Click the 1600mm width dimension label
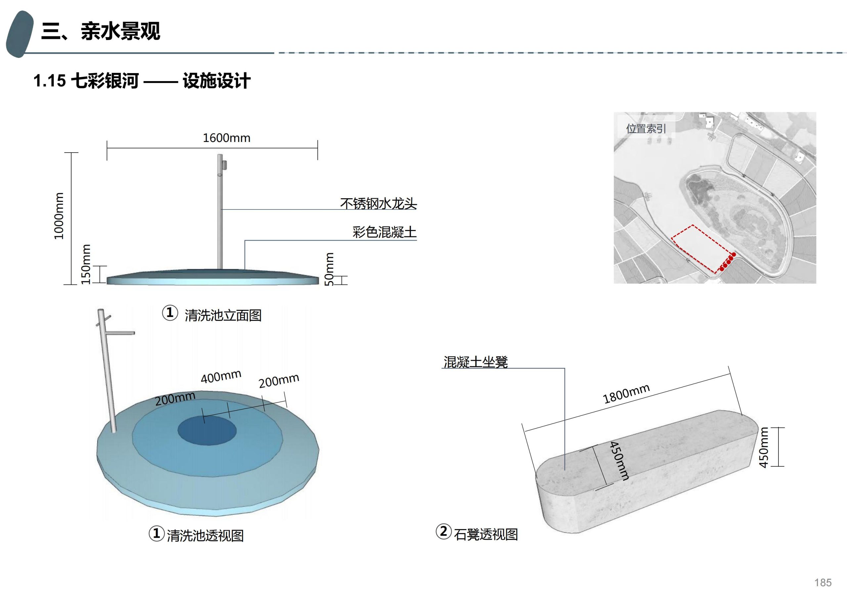[x=227, y=138]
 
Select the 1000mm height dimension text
[x=59, y=216]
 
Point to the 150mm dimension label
[x=86, y=264]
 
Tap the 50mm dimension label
[x=329, y=269]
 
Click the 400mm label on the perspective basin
[x=221, y=377]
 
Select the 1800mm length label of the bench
[x=626, y=393]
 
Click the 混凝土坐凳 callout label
[x=475, y=362]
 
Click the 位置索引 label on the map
[x=646, y=128]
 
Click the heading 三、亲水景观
[x=101, y=31]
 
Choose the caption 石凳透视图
[x=486, y=534]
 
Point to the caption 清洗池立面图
[x=223, y=315]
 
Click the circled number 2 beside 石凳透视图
[x=443, y=532]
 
